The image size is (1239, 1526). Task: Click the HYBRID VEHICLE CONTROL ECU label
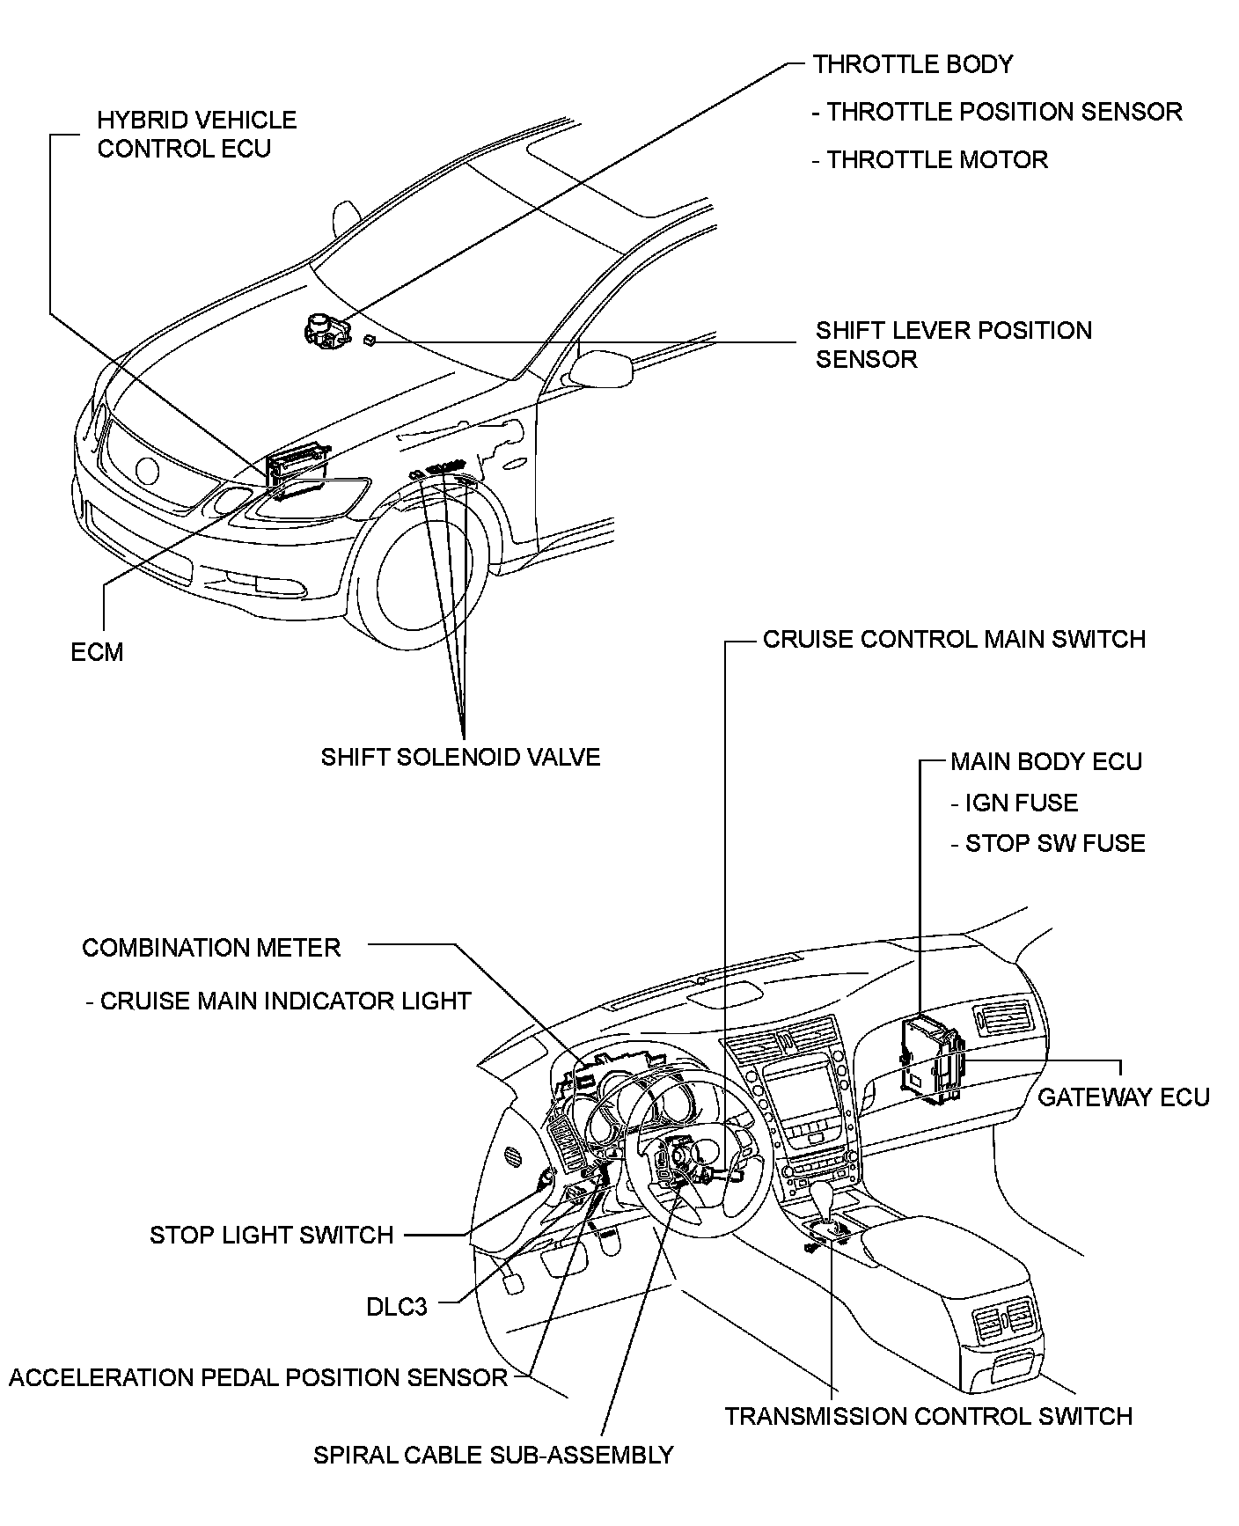(196, 134)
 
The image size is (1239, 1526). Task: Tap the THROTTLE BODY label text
(913, 64)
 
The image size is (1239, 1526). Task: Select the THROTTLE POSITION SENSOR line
(997, 112)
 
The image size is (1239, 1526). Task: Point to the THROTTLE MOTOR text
(930, 159)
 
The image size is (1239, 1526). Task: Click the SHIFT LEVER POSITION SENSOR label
(953, 344)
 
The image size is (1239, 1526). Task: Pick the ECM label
(97, 652)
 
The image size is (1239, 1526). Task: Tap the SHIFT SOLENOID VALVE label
(460, 757)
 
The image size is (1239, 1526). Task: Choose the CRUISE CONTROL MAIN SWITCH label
(954, 639)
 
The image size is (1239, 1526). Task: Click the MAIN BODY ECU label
(1045, 761)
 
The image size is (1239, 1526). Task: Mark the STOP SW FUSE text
(1047, 843)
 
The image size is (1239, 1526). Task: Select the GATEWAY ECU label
(1124, 1097)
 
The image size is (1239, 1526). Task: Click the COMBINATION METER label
(211, 947)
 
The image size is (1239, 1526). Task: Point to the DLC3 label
(396, 1307)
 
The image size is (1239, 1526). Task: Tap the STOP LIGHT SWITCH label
(271, 1235)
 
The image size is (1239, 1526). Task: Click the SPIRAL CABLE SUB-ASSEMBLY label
(493, 1455)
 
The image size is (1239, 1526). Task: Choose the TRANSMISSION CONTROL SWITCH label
(928, 1416)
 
